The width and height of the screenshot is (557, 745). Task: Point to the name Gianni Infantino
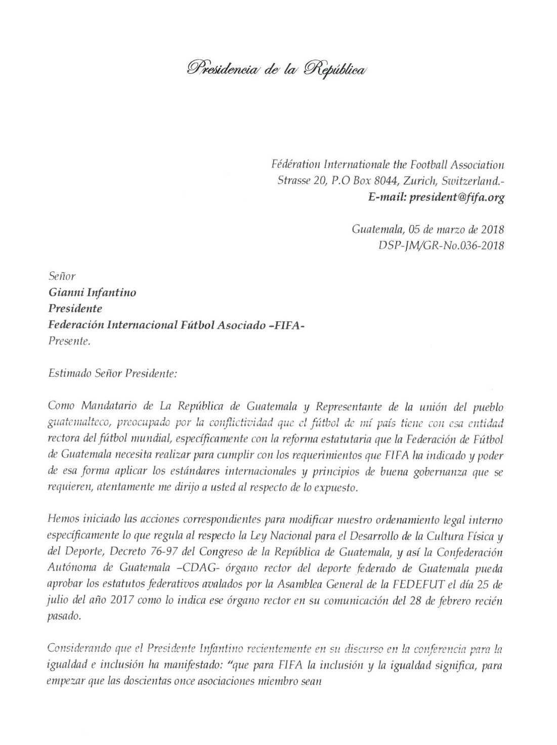click(92, 292)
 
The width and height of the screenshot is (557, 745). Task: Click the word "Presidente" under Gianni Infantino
click(74, 309)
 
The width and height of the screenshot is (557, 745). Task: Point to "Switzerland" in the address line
click(473, 181)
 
